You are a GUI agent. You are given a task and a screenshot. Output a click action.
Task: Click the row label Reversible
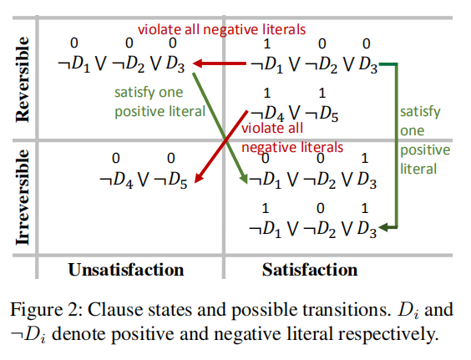pyautogui.click(x=23, y=79)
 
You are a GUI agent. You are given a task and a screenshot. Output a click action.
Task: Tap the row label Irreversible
pyautogui.click(x=23, y=197)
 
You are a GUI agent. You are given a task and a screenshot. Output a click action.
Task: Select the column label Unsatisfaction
pyautogui.click(x=125, y=269)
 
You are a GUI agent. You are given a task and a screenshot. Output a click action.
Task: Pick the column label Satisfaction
pyautogui.click(x=309, y=269)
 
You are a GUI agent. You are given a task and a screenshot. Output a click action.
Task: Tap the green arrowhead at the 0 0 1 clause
pyautogui.click(x=244, y=177)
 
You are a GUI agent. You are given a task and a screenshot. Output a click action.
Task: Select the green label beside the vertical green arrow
pyautogui.click(x=424, y=139)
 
